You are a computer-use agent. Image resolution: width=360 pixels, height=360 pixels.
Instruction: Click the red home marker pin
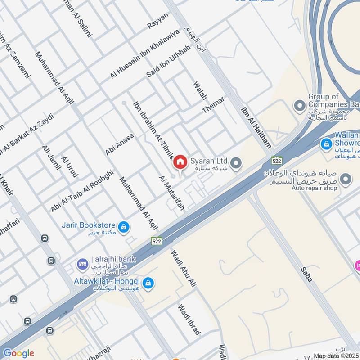[x=180, y=162]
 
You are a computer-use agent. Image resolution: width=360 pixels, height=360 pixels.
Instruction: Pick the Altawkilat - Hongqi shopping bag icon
[x=148, y=283]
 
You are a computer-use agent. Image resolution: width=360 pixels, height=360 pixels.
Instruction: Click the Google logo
[x=18, y=353]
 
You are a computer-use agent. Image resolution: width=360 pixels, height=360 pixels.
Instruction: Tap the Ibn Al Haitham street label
[x=256, y=127]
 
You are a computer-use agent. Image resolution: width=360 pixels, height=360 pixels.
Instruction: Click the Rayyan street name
[x=157, y=21]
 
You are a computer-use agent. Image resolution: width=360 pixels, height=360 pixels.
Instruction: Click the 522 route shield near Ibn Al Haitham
[x=276, y=160]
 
